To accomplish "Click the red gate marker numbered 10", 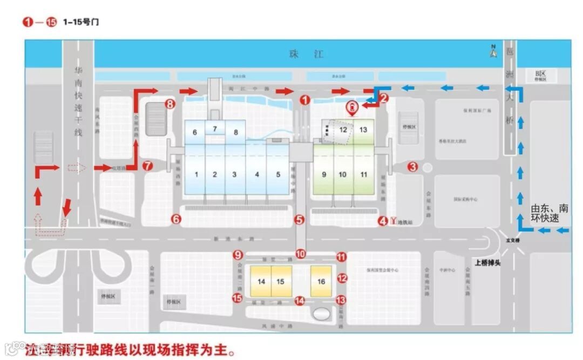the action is coord(300,254).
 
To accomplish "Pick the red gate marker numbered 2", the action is coord(384,98).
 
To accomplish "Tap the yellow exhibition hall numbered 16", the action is coord(321,281).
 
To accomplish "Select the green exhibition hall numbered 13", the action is coord(363,130).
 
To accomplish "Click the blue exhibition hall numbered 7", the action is coord(214,128).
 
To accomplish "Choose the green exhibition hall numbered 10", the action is coord(343,174).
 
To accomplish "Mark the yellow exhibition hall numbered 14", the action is coord(261,281).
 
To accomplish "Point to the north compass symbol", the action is coord(493,51).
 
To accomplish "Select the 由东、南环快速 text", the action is coord(550,214).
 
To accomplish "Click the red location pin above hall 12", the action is coord(352,108).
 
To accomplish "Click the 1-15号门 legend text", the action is coord(81,22).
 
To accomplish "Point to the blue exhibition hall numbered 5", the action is coord(278,174).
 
